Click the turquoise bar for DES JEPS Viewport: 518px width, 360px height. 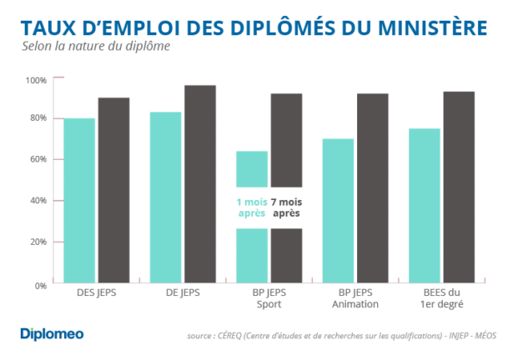pyautogui.click(x=80, y=200)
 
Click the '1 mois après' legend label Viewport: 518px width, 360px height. pyautogui.click(x=251, y=207)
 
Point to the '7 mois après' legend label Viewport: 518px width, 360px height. pyautogui.click(x=285, y=207)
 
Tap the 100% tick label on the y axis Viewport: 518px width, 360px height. pyautogui.click(x=37, y=80)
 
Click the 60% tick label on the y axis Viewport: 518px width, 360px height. pyautogui.click(x=38, y=159)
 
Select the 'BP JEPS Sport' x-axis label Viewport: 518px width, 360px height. pyautogui.click(x=269, y=299)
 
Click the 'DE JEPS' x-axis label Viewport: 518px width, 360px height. pyautogui.click(x=183, y=293)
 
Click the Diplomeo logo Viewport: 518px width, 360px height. pyautogui.click(x=52, y=334)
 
